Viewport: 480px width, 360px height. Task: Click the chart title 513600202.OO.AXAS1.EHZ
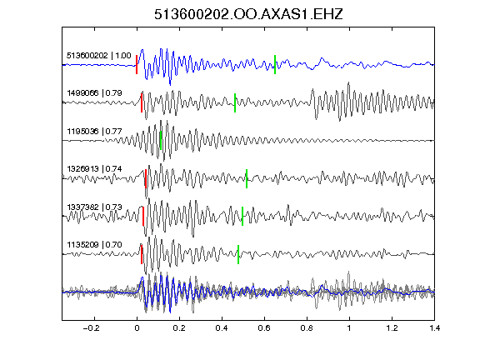click(248, 14)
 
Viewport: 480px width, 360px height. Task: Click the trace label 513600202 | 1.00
click(99, 56)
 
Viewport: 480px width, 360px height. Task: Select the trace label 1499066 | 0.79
click(95, 93)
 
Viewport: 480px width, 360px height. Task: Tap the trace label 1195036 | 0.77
click(95, 132)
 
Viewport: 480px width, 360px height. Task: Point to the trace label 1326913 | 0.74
click(95, 169)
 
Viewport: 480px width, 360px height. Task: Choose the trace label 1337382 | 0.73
click(95, 207)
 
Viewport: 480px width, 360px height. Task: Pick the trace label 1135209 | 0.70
click(95, 245)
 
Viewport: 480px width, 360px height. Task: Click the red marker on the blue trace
click(137, 65)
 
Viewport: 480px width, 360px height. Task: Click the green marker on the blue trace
click(275, 65)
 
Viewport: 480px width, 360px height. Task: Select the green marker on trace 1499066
click(235, 102)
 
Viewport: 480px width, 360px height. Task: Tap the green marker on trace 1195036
click(161, 140)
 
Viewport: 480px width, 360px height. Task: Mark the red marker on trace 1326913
click(146, 178)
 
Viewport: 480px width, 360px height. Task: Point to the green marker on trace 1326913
click(247, 178)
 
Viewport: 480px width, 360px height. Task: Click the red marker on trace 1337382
click(143, 216)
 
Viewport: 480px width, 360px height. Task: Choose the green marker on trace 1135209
click(238, 254)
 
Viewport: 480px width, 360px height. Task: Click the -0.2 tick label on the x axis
click(91, 328)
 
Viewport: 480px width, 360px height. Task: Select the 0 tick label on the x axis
click(137, 328)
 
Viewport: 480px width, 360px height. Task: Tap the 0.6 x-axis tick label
click(264, 328)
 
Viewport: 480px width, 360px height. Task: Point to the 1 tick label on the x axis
click(349, 328)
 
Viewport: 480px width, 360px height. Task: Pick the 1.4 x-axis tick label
click(435, 328)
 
